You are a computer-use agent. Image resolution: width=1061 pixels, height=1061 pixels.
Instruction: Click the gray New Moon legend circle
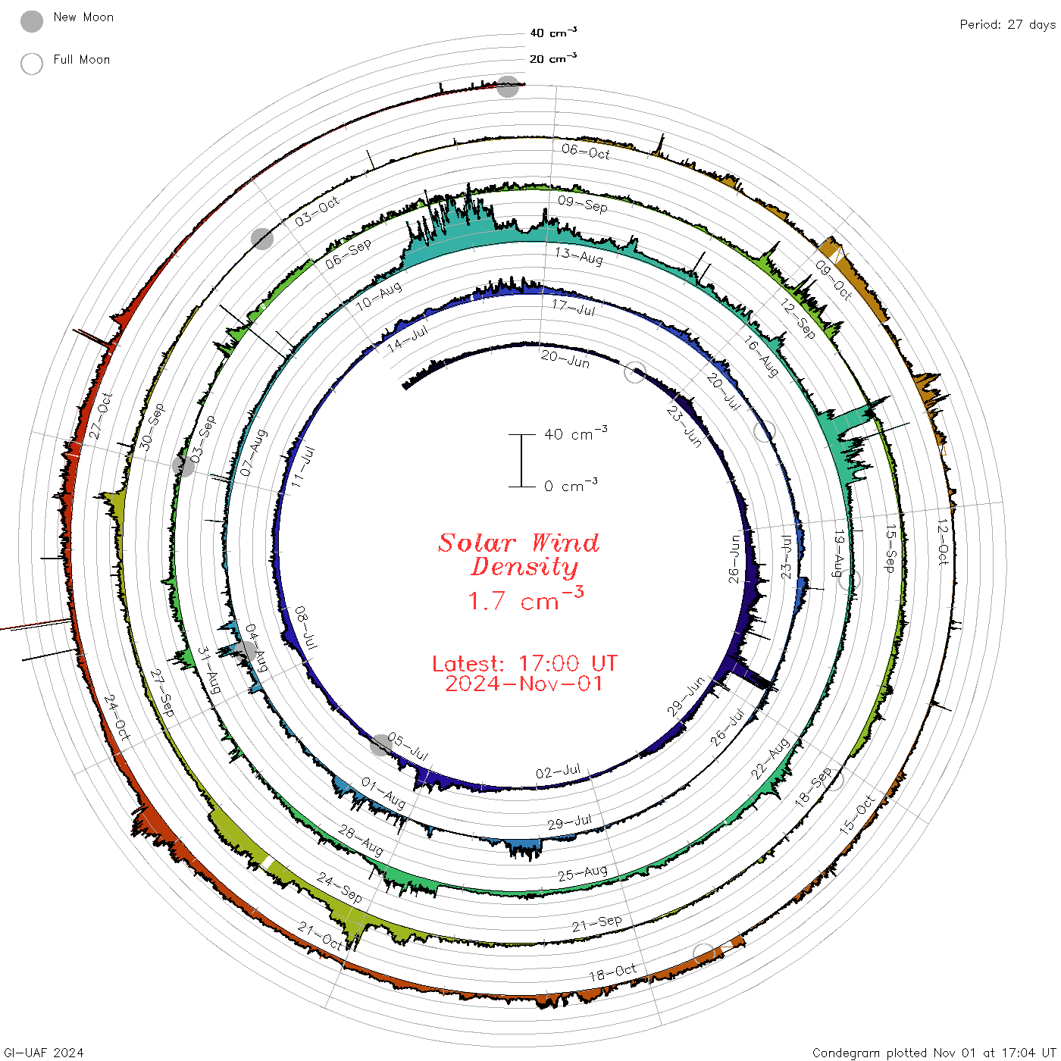31,21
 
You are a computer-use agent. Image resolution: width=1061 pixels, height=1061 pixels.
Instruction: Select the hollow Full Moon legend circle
31,64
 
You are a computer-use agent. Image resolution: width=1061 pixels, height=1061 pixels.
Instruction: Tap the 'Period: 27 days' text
1007,25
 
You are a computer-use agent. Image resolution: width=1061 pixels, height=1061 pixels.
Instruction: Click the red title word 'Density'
524,567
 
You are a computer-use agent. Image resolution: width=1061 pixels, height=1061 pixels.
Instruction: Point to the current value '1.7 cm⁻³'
525,599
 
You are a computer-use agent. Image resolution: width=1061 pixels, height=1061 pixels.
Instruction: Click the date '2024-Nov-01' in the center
524,684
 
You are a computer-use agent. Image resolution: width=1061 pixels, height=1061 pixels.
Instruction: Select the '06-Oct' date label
586,152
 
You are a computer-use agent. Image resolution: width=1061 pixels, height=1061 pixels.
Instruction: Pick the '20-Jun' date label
565,359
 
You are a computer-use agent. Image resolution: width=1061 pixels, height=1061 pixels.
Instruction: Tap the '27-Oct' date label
101,416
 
